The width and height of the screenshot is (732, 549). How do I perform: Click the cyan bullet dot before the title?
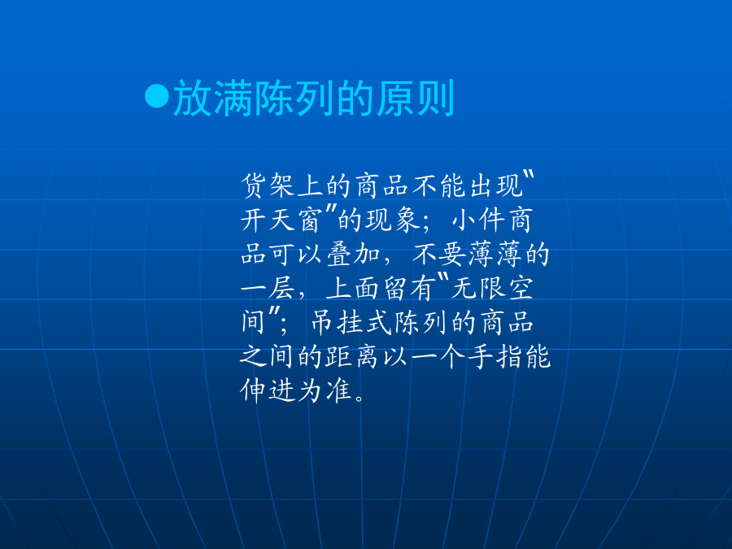(157, 96)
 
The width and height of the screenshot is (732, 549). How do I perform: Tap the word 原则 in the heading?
(415, 98)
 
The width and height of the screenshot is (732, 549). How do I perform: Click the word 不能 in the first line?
(439, 185)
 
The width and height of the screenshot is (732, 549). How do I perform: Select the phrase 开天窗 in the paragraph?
(281, 220)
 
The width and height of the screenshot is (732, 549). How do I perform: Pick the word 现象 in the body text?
(394, 220)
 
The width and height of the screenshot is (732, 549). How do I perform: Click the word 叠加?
(354, 255)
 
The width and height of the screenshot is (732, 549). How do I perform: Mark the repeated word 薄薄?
(496, 255)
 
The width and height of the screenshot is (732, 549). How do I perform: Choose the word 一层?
(268, 288)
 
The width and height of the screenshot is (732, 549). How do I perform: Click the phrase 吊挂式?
(351, 323)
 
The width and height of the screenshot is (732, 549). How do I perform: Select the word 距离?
(351, 357)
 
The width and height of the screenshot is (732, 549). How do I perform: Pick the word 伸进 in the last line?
(268, 390)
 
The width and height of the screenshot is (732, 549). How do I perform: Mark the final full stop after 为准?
(359, 399)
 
